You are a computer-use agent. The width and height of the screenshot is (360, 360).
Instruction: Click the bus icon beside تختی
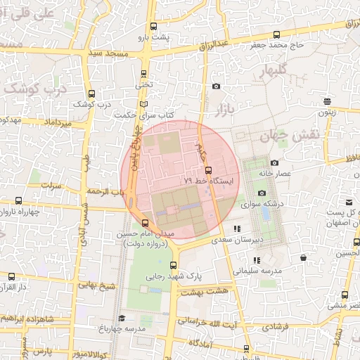[144, 73]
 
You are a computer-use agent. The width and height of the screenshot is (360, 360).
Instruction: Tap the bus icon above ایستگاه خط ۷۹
[207, 169]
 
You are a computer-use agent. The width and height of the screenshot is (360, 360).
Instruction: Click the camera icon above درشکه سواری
[262, 193]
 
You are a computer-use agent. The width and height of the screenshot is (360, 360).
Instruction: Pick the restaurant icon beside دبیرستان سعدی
[238, 229]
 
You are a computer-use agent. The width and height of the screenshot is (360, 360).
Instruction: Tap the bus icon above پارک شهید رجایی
[173, 265]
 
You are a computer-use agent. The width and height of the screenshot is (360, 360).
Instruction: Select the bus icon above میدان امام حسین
[146, 223]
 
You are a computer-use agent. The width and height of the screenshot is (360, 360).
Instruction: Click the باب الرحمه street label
[106, 191]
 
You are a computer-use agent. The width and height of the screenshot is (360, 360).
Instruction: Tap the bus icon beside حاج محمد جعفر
[276, 34]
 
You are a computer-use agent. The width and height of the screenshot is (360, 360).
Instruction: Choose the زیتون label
[327, 112]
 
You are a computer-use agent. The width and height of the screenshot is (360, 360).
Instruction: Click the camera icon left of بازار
[216, 86]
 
